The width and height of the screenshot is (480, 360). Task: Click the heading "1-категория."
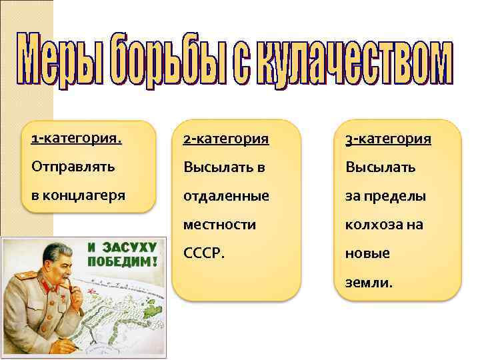[76, 139]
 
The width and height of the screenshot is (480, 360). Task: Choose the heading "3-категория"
[387, 139]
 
